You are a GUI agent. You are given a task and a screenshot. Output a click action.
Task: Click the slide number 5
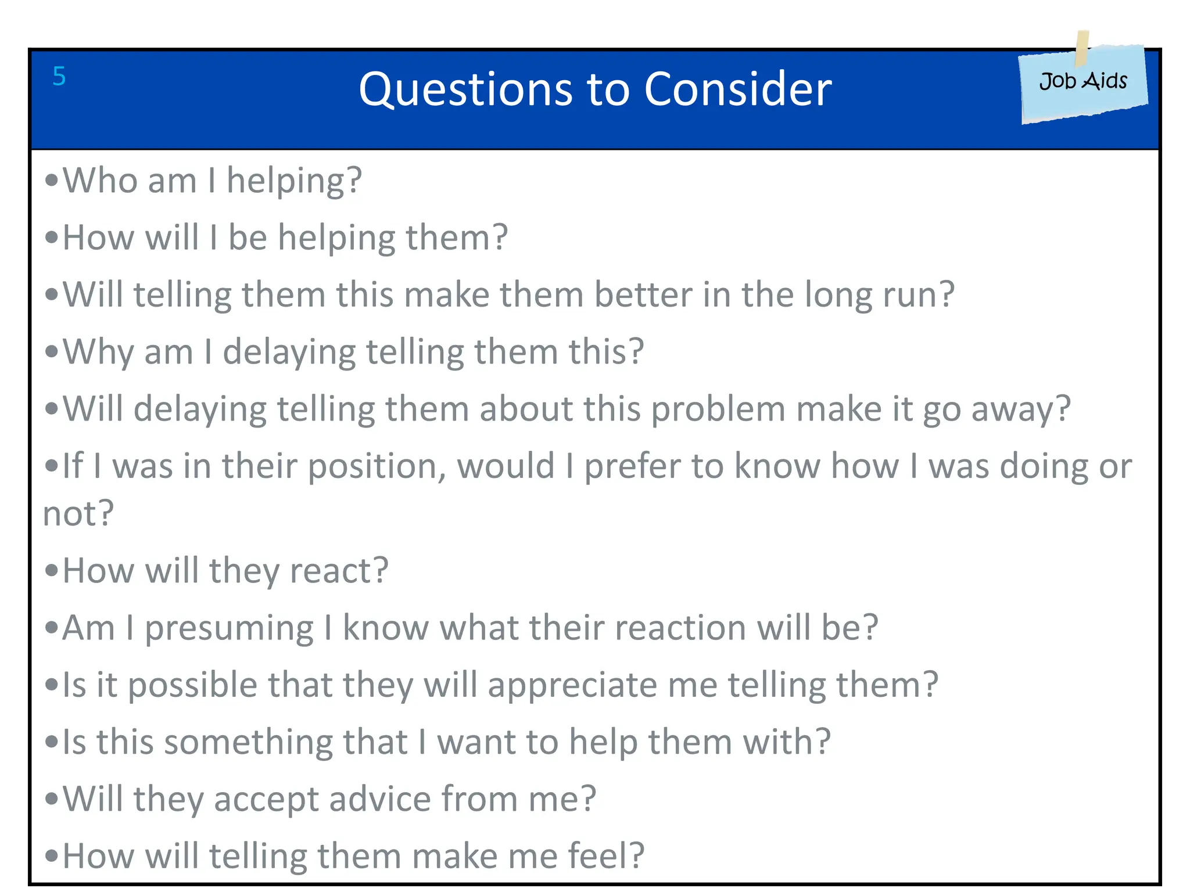click(x=59, y=76)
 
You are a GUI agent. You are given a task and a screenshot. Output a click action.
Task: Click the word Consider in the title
click(x=737, y=89)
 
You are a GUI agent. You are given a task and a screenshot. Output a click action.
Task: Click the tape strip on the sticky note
click(x=1082, y=48)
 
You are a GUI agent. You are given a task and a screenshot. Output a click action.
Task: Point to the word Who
click(x=99, y=180)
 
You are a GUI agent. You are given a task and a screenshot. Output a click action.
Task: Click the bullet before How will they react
click(x=51, y=571)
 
